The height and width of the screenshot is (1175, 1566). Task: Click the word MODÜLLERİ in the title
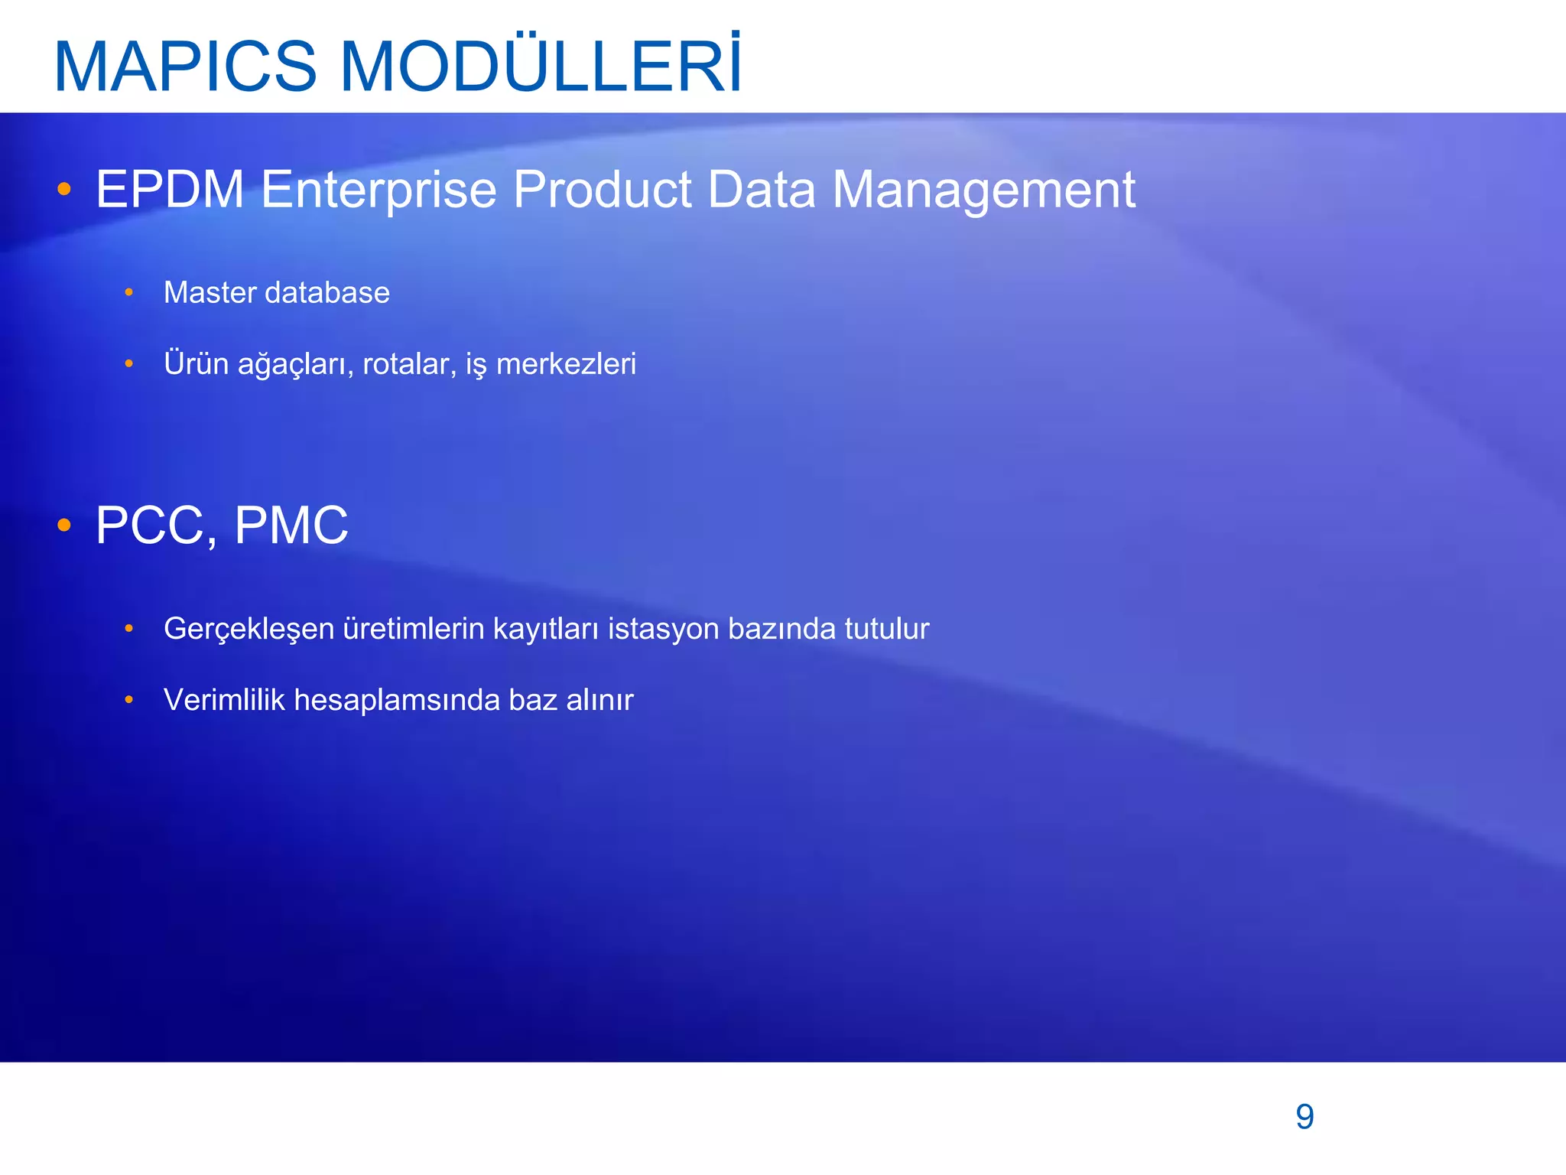[540, 67]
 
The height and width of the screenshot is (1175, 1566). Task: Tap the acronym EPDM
[169, 189]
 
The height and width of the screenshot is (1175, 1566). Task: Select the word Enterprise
[379, 190]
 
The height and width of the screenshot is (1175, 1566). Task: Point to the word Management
[983, 190]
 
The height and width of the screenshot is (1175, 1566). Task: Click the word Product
[602, 189]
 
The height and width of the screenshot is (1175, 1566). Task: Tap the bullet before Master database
[129, 293]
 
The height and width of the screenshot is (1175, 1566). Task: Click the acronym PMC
[291, 526]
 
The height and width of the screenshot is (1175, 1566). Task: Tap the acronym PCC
[156, 526]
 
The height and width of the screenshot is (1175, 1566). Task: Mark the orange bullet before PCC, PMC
[64, 526]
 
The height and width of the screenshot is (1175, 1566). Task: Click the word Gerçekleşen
[249, 630]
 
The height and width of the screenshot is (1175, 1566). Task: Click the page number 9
[1304, 1117]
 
